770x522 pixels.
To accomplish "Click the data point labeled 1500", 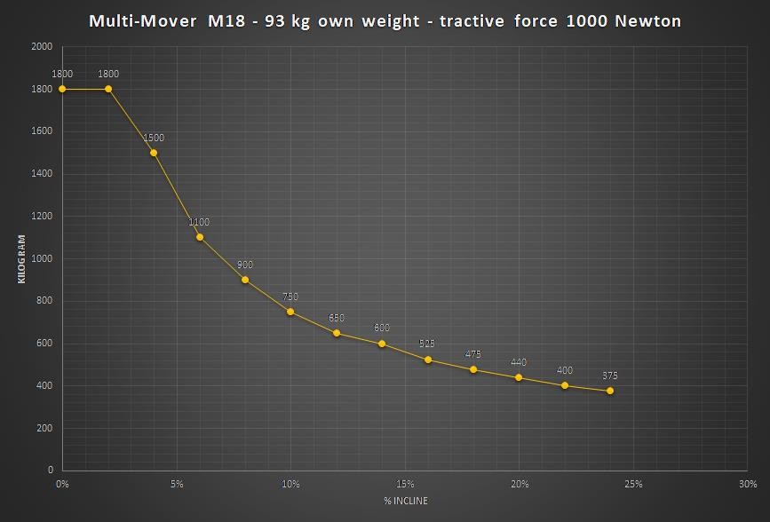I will point(154,153).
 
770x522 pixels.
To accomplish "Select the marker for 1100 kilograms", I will point(200,237).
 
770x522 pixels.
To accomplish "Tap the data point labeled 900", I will point(245,280).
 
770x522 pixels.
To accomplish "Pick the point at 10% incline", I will point(290,312).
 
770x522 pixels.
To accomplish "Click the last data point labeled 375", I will point(610,391).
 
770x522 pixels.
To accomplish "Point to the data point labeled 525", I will point(428,360).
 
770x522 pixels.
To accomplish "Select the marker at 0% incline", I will point(62,89).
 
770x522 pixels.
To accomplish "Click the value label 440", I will point(519,362).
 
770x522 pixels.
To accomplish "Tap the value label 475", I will point(473,354).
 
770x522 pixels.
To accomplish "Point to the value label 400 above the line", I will point(565,370).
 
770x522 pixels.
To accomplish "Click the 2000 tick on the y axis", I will point(42,46).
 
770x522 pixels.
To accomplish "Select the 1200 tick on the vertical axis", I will point(42,216).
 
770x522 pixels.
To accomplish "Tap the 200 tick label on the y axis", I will point(44,428).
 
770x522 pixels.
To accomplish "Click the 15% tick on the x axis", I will point(405,484).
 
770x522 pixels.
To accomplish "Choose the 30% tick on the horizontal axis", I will point(748,484).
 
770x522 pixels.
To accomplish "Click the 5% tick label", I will point(177,484).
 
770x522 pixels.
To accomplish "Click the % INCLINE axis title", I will point(405,502).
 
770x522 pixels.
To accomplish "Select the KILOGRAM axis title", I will point(21,258).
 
